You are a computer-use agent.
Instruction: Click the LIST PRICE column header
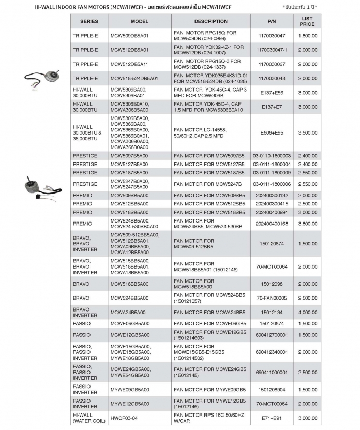click(x=307, y=21)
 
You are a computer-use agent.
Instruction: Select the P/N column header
click(x=272, y=21)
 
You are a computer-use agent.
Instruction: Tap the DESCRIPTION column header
click(x=211, y=21)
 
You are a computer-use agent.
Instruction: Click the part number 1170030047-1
click(x=272, y=50)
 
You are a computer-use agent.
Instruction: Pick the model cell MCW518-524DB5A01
click(x=134, y=78)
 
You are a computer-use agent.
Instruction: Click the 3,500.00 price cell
click(x=307, y=133)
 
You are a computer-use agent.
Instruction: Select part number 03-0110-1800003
click(x=272, y=155)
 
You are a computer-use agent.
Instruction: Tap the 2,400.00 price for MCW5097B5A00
click(x=307, y=155)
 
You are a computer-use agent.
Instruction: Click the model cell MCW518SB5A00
click(x=129, y=212)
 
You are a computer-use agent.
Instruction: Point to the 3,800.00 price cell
click(x=307, y=224)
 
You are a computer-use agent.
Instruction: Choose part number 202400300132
click(x=272, y=195)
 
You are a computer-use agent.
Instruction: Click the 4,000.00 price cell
click(x=307, y=312)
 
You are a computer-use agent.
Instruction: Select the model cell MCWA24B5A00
click(x=128, y=312)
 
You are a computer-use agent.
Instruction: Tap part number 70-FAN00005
click(x=272, y=298)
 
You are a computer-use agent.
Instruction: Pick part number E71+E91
click(x=272, y=418)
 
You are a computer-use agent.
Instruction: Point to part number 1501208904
click(x=272, y=389)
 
